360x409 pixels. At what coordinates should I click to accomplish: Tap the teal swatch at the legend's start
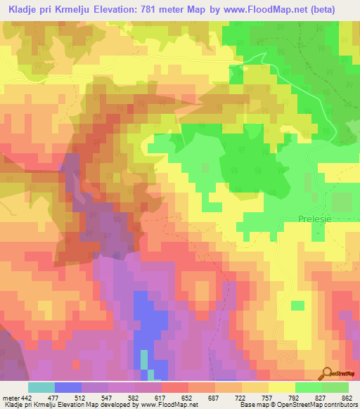pos(41,387)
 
